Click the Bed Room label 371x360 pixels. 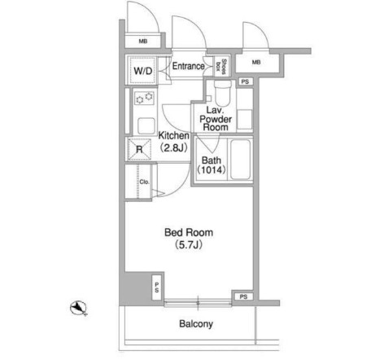189,232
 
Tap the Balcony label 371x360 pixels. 196,323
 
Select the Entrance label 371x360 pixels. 189,66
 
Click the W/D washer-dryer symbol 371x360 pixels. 143,71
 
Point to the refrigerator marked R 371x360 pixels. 139,149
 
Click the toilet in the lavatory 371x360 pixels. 223,93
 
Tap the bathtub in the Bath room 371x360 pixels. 240,159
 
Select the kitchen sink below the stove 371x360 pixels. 146,126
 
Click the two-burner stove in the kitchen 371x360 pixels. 144,98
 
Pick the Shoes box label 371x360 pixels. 220,66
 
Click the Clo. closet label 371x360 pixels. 144,182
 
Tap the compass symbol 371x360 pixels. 78,308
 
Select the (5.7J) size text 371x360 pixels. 189,245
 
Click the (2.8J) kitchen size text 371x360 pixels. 173,147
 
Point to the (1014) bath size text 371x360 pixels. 212,169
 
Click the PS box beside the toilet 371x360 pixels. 245,81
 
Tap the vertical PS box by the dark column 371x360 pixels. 157,288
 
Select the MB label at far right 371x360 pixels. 256,62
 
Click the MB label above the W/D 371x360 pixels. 143,42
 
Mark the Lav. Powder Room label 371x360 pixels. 216,119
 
